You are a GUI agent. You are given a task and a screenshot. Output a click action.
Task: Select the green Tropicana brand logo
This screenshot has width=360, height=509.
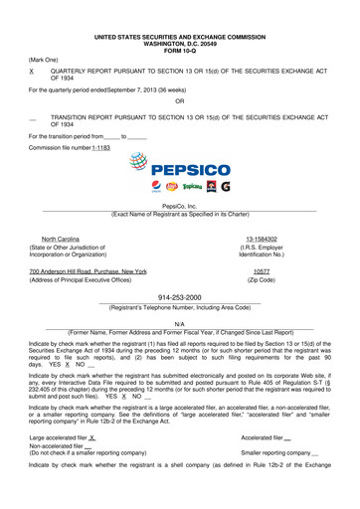(x=186, y=186)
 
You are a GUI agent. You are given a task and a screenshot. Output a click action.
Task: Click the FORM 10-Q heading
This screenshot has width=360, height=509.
(x=179, y=24)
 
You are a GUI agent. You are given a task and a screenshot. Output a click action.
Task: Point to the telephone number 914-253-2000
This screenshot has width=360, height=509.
(x=179, y=296)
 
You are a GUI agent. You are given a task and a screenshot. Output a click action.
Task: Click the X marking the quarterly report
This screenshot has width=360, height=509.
(x=33, y=73)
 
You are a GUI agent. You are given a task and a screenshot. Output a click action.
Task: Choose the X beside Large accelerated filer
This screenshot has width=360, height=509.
(x=91, y=437)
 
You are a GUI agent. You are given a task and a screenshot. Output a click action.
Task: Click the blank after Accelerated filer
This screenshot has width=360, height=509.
(x=287, y=437)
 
